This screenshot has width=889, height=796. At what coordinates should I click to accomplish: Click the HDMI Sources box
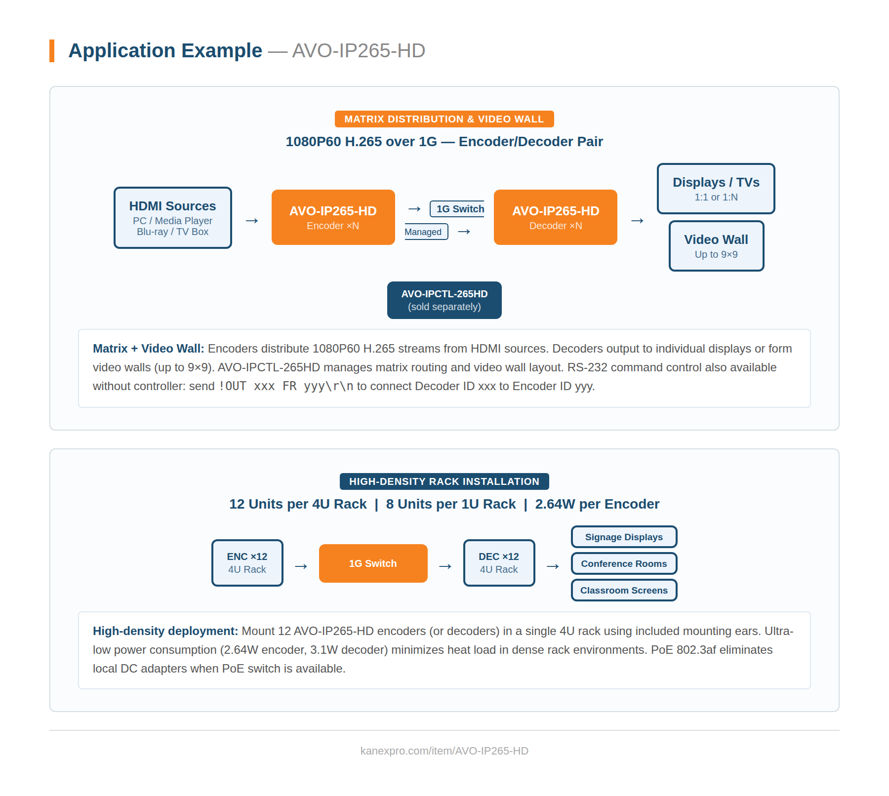tap(172, 218)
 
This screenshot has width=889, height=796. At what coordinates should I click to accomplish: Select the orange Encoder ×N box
tap(333, 217)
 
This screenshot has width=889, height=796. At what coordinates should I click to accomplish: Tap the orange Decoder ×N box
tap(555, 217)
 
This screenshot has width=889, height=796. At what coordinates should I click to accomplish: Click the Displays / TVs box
tap(716, 189)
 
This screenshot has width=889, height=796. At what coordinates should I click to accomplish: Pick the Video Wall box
tap(716, 246)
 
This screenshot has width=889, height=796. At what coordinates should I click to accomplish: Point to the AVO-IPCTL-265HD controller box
tap(444, 300)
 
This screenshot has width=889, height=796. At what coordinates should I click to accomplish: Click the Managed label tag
tap(425, 232)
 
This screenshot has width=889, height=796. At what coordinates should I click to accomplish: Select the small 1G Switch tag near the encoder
tap(458, 209)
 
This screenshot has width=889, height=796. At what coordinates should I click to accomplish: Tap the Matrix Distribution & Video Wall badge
tap(444, 119)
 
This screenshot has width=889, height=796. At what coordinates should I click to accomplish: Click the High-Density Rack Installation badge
tap(444, 481)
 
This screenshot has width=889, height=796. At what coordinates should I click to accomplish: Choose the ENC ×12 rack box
tap(247, 563)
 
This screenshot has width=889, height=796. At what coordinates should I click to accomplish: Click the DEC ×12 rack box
tap(499, 563)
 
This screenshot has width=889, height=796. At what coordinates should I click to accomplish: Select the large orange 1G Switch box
tap(373, 563)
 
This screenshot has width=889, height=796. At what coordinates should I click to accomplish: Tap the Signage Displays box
tap(624, 537)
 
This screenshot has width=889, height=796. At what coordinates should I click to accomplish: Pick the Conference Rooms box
tap(624, 563)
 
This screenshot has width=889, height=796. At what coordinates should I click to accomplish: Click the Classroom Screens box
tap(624, 590)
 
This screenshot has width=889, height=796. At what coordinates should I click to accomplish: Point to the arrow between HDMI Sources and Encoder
tap(252, 221)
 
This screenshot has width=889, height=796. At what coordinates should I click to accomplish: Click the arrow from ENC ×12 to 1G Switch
tap(301, 566)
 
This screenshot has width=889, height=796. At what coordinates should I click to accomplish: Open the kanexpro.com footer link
tap(444, 751)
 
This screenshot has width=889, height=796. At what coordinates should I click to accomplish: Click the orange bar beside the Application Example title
tap(52, 51)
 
